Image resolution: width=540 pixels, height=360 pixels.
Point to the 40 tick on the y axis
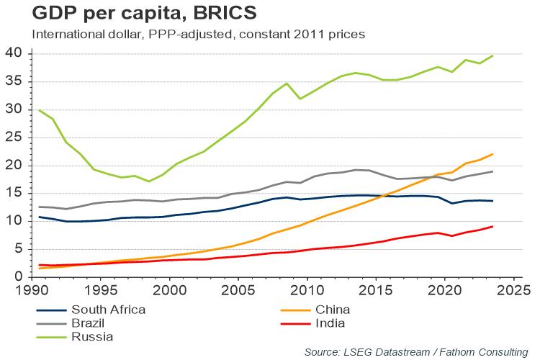click(x=14, y=54)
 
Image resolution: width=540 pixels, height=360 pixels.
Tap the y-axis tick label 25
click(x=14, y=138)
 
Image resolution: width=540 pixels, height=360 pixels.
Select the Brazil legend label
click(x=87, y=322)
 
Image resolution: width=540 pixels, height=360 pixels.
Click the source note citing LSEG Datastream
click(x=415, y=351)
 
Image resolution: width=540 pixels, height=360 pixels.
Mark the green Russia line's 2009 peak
click(x=287, y=84)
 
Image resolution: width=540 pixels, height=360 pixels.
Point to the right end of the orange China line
click(x=492, y=154)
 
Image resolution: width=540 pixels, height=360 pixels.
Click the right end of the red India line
click(x=492, y=226)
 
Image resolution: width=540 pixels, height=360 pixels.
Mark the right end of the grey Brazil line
click(x=492, y=171)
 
